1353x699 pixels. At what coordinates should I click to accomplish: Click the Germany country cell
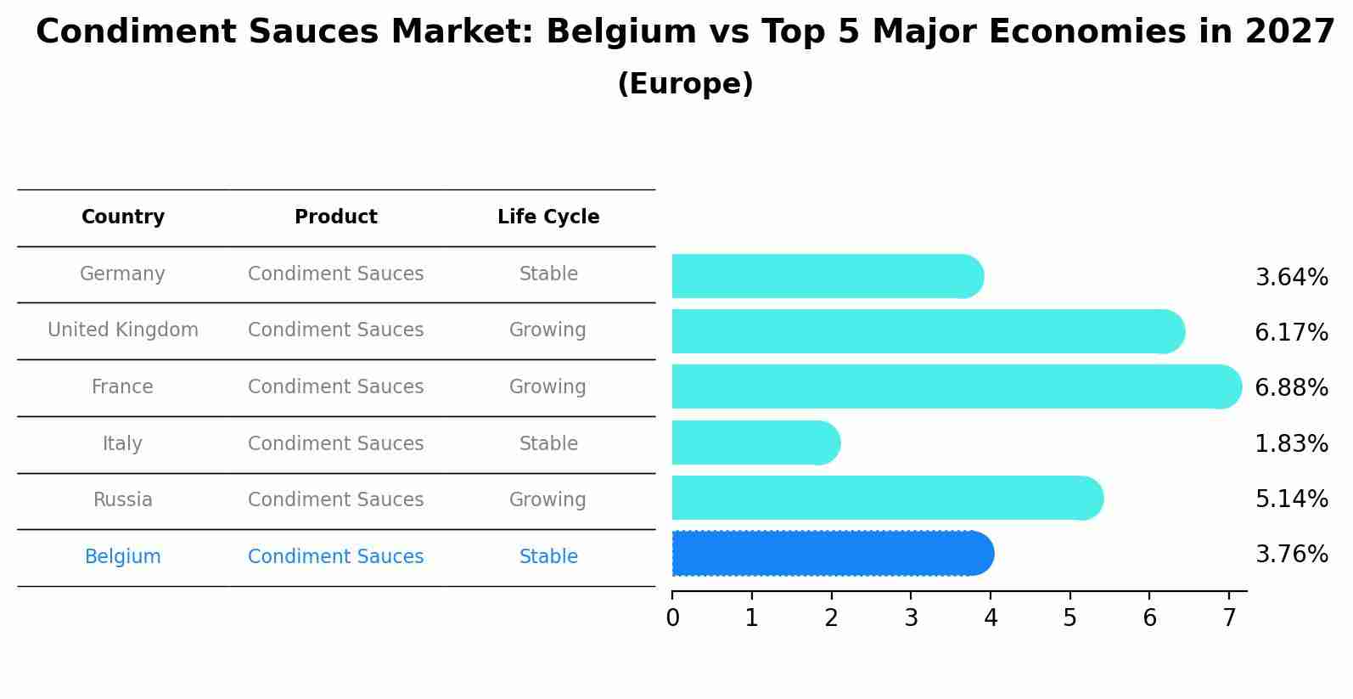[122, 274]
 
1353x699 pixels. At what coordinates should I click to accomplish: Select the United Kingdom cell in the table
[123, 330]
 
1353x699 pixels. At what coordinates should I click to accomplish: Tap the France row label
[122, 387]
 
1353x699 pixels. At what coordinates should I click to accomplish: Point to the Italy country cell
[122, 444]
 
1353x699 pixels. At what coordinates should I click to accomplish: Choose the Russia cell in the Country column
[123, 500]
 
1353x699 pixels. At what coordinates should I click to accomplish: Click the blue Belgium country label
[123, 557]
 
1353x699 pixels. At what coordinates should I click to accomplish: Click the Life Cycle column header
[548, 217]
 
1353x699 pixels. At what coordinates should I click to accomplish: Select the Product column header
[336, 217]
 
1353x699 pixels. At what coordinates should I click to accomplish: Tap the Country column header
[123, 217]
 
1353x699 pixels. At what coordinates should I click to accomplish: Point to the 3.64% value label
[1291, 278]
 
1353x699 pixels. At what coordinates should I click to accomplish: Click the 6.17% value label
[1291, 333]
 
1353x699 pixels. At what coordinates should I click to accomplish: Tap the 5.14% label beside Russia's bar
[1291, 499]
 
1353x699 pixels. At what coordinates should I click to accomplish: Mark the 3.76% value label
[1291, 555]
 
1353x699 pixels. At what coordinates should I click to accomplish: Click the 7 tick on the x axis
[1229, 618]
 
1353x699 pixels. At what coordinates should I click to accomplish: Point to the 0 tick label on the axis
[673, 618]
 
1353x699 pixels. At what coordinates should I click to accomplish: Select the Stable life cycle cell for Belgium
[548, 557]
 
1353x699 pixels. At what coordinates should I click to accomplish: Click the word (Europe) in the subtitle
[685, 84]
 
